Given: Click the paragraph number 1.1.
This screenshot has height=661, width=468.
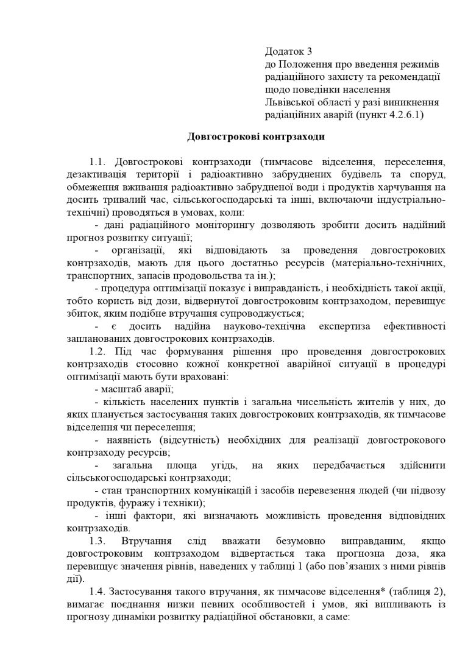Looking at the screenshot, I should point(98,163).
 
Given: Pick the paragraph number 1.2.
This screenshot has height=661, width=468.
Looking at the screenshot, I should point(98,352).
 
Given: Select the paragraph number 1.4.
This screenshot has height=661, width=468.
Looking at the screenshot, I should point(98,591).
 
